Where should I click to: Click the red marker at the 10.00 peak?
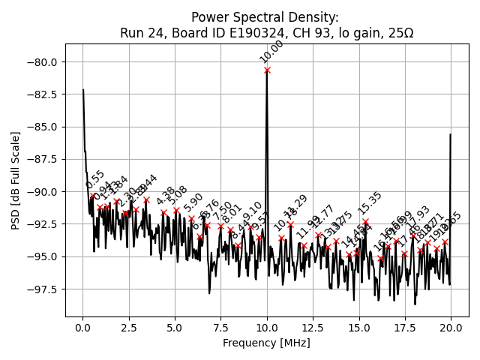(267, 70)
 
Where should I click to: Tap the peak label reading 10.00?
(271, 52)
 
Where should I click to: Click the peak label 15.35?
(370, 203)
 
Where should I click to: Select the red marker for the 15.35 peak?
(365, 222)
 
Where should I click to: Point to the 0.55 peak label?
(95, 180)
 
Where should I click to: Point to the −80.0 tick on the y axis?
(51, 61)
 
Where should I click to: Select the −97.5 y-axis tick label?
(51, 289)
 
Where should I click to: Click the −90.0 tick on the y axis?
(51, 191)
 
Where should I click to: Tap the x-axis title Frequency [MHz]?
(266, 343)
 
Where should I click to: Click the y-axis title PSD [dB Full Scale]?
(16, 180)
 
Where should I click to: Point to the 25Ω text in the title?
(400, 33)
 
